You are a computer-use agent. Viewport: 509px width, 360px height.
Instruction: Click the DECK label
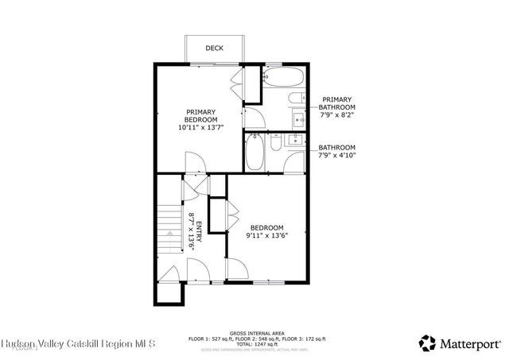[214, 48]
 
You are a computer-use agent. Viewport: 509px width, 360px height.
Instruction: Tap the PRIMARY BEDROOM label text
[201, 116]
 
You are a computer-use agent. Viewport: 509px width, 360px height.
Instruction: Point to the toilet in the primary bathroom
[295, 100]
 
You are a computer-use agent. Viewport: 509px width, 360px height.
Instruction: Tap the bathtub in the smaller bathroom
[254, 153]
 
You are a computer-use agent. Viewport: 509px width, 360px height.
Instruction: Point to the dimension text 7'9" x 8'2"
[337, 114]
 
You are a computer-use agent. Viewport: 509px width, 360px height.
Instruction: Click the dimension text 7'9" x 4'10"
[337, 155]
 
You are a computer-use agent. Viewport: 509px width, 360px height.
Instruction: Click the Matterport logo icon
[428, 343]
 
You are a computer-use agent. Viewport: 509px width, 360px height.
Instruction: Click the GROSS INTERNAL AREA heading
[256, 333]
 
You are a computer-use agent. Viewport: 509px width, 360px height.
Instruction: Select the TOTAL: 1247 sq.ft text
[256, 344]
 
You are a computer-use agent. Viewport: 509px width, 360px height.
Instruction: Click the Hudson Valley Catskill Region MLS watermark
[79, 344]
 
